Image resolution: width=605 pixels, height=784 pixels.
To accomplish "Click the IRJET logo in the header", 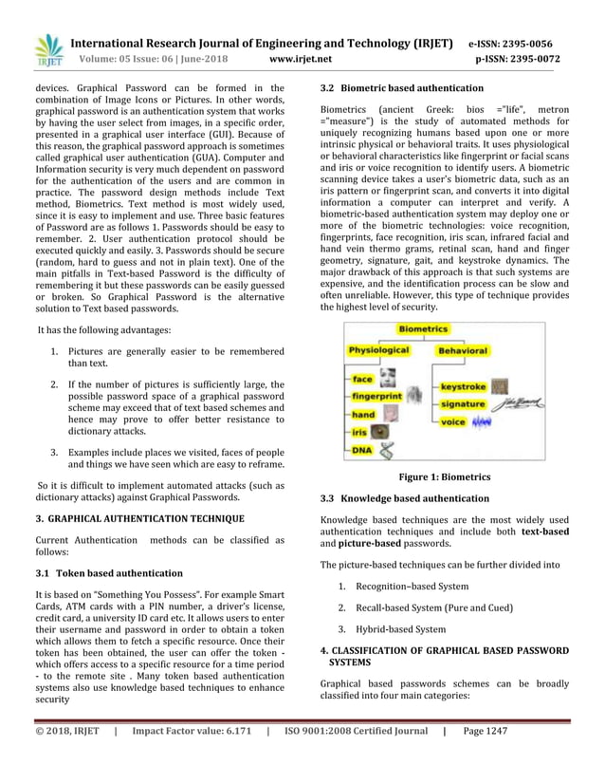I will pos(48,51).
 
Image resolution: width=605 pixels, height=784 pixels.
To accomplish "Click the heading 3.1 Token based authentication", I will pos(109,573).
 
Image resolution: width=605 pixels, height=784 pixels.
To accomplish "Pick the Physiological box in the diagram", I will pos(378,350).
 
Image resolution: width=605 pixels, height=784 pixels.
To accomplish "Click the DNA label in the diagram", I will pos(362,453).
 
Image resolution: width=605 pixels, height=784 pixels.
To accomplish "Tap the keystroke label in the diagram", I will pos(464,387).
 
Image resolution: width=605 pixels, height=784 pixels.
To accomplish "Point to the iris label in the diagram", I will pos(359,432).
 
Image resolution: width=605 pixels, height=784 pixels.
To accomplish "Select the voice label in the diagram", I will pos(453,420).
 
